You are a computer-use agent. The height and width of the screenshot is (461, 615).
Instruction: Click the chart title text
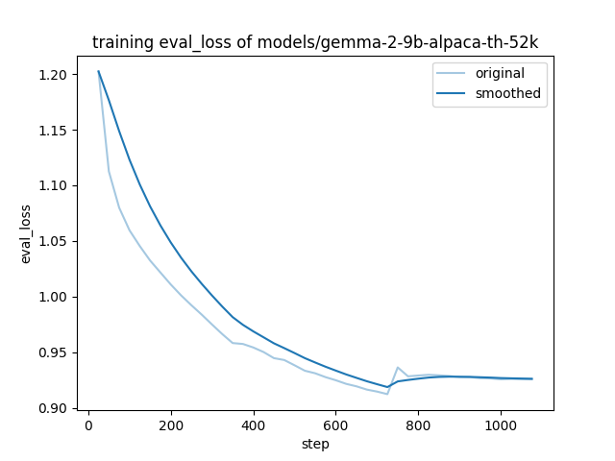coord(314,42)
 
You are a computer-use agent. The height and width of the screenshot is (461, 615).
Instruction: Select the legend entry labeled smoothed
coord(501,94)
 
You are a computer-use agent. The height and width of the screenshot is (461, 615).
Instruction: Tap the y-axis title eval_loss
coord(26,233)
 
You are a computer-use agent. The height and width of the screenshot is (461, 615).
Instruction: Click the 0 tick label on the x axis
coord(88,424)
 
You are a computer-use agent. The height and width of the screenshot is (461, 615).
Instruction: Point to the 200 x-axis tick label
coord(171,424)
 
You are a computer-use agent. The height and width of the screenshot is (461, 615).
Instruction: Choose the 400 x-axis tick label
coord(254,424)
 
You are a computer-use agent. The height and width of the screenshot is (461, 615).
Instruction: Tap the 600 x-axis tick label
coord(335,424)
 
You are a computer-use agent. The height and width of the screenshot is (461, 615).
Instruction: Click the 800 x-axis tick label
coord(418,424)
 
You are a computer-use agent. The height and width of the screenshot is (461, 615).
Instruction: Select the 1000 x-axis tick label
coord(501,424)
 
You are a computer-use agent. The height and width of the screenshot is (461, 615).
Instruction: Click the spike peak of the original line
coord(398,367)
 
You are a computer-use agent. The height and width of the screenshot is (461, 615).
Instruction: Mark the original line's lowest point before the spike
coord(387,394)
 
